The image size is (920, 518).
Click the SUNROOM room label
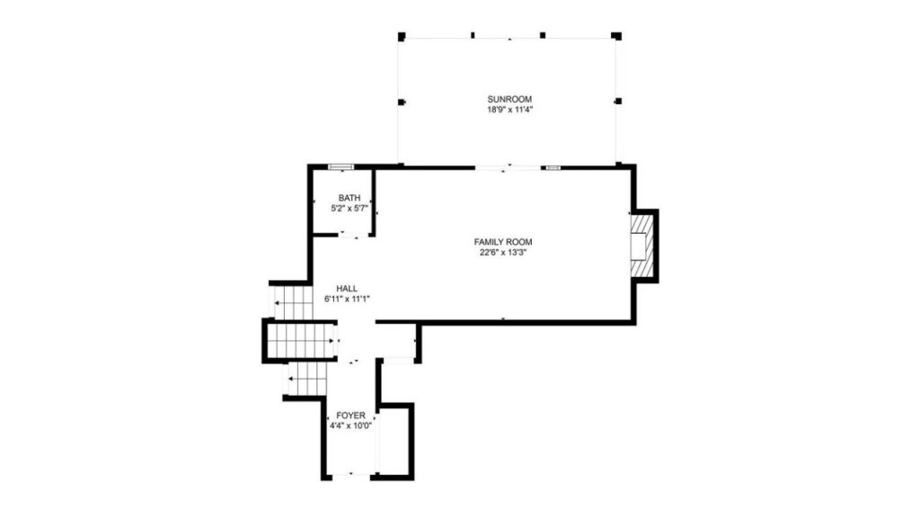[x=509, y=99]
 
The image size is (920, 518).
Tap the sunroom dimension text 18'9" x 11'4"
[x=509, y=110]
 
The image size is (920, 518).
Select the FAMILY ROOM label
[x=503, y=242]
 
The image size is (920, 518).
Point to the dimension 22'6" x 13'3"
[x=503, y=253]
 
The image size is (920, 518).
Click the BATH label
[x=349, y=198]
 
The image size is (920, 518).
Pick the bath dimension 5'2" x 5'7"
[x=349, y=209]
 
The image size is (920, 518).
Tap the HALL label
[x=347, y=289]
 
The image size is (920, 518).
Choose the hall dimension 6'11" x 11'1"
[x=347, y=299]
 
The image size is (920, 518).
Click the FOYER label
[x=351, y=415]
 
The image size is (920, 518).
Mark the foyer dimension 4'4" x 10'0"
[x=351, y=426]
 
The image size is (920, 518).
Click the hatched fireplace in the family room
[x=641, y=246]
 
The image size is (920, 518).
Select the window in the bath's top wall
[x=341, y=166]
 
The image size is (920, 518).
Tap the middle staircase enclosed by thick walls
[x=300, y=341]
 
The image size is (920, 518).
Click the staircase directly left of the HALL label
[x=293, y=302]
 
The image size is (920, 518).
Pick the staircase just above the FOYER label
[x=307, y=380]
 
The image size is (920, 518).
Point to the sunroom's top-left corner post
[x=402, y=36]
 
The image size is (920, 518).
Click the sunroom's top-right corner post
[x=616, y=36]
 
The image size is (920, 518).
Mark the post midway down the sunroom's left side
[x=402, y=103]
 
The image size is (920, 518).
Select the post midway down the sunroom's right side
[x=618, y=101]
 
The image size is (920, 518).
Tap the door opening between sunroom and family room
[x=509, y=168]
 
